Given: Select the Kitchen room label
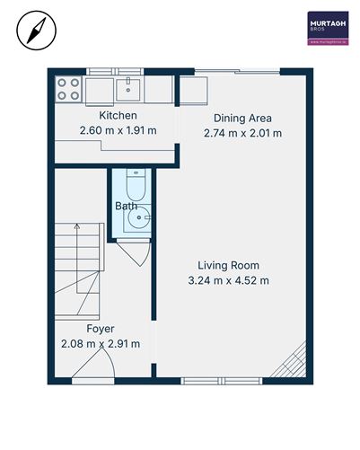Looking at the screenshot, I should (118, 116).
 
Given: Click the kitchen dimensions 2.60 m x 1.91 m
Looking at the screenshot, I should (118, 131).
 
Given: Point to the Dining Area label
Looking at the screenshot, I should (241, 119).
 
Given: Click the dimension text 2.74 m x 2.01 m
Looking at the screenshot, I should (242, 134).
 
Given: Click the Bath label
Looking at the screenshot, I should (126, 207).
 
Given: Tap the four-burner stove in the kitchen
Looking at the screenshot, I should (69, 87).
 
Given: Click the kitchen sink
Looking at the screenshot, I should (129, 87).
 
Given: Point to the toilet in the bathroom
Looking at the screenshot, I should (134, 185).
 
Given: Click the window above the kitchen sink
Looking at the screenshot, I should (129, 72).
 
